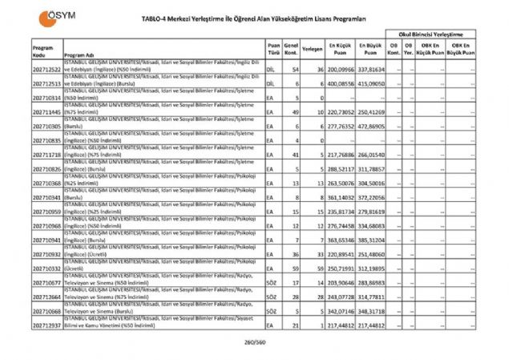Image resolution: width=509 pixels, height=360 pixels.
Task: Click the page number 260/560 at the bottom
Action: [254, 343]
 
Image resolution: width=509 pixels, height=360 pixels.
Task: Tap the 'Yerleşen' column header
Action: [313, 47]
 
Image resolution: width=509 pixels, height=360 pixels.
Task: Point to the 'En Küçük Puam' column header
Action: [340, 47]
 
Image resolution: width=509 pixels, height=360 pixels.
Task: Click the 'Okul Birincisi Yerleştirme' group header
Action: [431, 36]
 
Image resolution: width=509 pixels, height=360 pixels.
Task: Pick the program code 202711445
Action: [46, 114]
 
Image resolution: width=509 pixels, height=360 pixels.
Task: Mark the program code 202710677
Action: [46, 284]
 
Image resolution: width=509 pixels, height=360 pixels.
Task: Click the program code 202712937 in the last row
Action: [46, 326]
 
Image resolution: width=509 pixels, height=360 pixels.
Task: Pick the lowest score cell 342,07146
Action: [340, 310]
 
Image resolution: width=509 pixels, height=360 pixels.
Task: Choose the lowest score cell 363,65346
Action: [340, 240]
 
